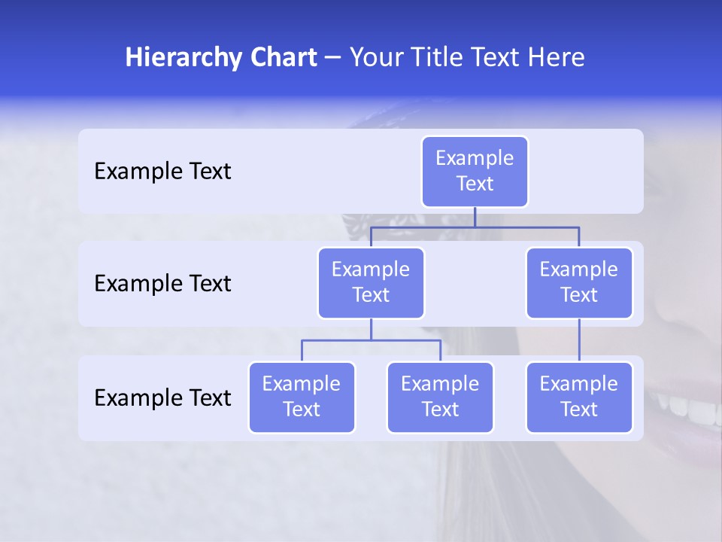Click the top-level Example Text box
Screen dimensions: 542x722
pos(475,171)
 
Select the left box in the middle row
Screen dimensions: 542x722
pos(371,282)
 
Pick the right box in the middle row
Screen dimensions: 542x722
pos(579,282)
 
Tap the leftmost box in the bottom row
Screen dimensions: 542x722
pos(302,397)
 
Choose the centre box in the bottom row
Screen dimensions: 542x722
pos(440,397)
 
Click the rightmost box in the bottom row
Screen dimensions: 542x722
pos(579,397)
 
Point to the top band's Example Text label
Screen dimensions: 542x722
pos(162,172)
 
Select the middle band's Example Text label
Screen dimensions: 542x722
pos(162,284)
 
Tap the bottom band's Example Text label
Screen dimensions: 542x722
pos(162,398)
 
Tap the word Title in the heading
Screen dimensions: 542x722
pos(434,57)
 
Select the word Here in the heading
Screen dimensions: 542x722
pos(557,57)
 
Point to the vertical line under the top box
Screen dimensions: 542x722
pos(475,217)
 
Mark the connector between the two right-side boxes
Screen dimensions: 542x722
pos(579,340)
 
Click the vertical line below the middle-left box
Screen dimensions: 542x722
pos(371,330)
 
